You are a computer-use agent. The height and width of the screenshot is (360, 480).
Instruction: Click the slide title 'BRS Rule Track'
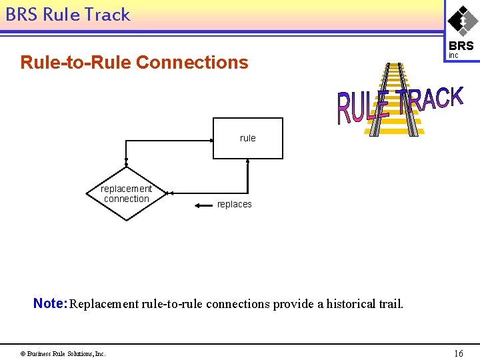pos(67,15)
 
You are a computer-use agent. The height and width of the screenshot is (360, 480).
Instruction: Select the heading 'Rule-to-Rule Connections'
pos(134,63)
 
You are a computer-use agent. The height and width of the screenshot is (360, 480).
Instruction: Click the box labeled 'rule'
pos(247,138)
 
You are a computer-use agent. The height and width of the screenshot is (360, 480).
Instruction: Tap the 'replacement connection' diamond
pos(127,194)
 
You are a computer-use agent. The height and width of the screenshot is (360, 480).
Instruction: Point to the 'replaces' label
pos(235,205)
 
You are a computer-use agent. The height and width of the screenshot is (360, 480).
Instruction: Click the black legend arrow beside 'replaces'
pos(203,205)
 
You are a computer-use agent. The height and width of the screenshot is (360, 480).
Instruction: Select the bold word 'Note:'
pos(50,304)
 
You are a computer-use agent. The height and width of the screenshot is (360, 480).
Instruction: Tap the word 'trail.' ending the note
pos(389,304)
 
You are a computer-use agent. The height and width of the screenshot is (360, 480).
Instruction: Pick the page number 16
pos(458,353)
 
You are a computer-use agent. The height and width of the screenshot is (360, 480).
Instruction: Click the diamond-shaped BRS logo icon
pos(461,20)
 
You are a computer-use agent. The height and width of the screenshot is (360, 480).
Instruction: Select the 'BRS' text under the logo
pos(461,46)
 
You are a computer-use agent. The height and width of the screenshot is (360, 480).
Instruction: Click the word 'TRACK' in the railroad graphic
pos(431,99)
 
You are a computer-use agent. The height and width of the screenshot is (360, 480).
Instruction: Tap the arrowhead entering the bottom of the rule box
pos(247,162)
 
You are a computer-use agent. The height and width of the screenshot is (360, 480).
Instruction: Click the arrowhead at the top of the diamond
pos(127,164)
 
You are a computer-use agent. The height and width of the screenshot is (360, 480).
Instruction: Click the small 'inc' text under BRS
pos(453,55)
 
